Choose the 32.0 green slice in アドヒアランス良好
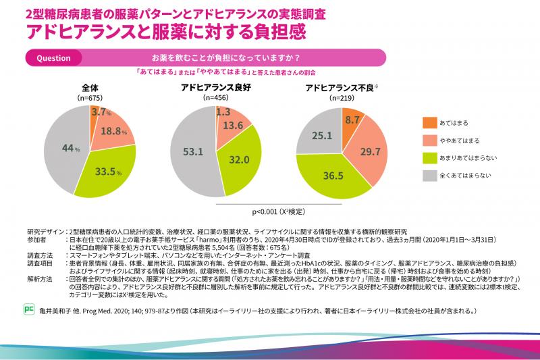[x=239, y=161]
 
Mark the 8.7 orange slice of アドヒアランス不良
[x=352, y=120]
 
